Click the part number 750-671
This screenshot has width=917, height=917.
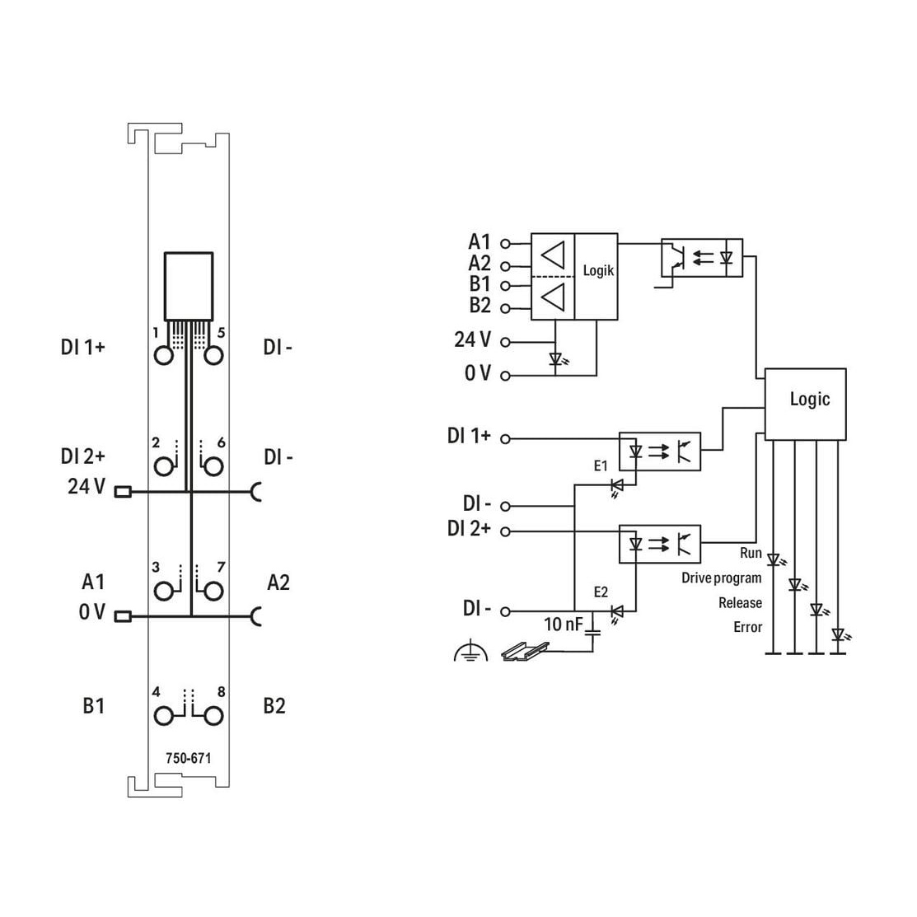[x=188, y=758]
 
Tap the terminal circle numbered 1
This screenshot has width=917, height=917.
[x=164, y=355]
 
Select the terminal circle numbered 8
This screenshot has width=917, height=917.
[x=213, y=716]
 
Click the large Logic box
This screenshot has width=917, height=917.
[x=805, y=404]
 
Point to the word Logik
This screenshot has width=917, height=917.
[x=598, y=271]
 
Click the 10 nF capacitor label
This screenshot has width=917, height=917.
[x=564, y=624]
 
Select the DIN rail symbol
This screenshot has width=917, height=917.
[x=525, y=651]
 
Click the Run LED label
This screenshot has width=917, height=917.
[x=751, y=553]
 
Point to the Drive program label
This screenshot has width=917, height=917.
[x=722, y=578]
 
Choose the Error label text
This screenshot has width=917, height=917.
[x=748, y=627]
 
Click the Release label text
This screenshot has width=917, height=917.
[x=741, y=602]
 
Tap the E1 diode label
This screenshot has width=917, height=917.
[x=601, y=466]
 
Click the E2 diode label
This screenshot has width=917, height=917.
[x=601, y=592]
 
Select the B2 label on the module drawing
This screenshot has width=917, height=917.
[x=274, y=706]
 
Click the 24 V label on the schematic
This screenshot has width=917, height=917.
[x=473, y=339]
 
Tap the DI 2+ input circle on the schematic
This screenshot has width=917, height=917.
[x=505, y=531]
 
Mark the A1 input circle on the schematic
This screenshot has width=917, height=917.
[x=505, y=243]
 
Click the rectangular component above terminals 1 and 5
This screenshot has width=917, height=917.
[x=189, y=287]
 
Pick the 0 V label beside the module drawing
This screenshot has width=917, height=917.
[x=91, y=611]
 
